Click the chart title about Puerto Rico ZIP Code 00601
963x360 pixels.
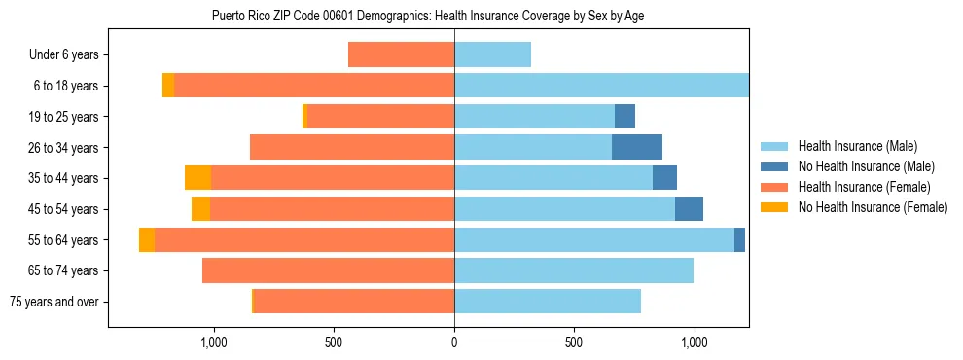point(428,16)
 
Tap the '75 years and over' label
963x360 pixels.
point(53,302)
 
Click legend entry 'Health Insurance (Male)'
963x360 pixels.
point(852,146)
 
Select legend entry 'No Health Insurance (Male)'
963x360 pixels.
point(860,166)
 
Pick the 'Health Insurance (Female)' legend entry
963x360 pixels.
point(858,187)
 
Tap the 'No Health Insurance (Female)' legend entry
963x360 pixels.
point(866,207)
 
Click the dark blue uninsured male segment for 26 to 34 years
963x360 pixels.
point(637,147)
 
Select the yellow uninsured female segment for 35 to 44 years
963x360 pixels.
point(197,178)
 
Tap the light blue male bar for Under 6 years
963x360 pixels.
point(492,55)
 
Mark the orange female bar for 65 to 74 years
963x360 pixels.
point(328,270)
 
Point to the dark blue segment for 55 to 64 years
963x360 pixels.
point(739,239)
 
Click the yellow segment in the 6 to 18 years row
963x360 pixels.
point(168,86)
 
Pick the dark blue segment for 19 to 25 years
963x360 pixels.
point(624,117)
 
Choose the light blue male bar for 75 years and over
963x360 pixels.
point(548,302)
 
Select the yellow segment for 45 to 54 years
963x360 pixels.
point(200,209)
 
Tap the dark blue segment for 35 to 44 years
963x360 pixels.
point(664,178)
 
